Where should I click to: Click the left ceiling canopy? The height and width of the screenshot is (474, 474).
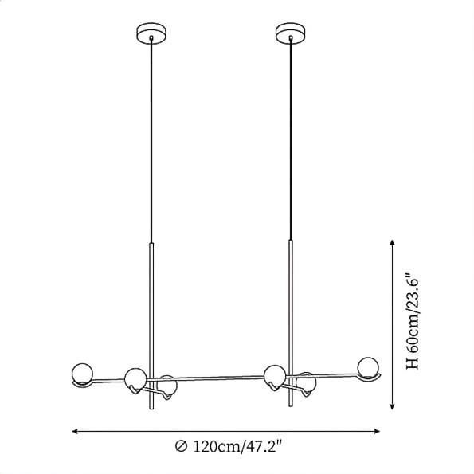tap(151, 33)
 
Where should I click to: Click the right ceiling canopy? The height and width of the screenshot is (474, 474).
tap(290, 33)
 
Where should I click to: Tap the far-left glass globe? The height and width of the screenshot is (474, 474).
tap(82, 374)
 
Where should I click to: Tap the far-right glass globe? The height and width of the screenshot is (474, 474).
tap(367, 367)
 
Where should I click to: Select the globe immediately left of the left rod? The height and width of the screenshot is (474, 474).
tap(135, 379)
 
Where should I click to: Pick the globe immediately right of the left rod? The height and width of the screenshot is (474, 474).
tap(167, 386)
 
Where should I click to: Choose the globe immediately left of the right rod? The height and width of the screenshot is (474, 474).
tap(275, 376)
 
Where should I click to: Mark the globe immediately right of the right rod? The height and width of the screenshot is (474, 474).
tap(306, 382)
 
